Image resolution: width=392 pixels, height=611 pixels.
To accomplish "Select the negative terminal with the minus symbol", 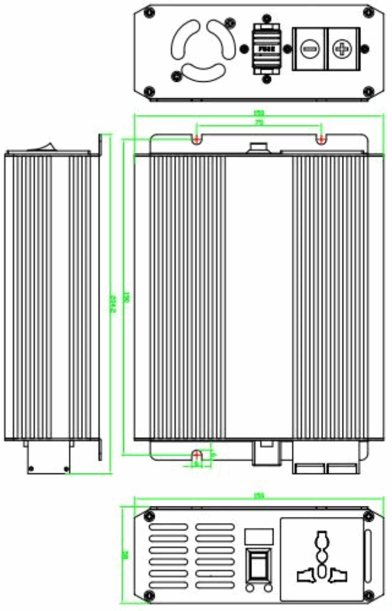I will [310, 48].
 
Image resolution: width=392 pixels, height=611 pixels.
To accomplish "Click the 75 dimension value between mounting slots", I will [259, 123].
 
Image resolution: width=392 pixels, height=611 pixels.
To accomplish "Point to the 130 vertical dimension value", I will [126, 296].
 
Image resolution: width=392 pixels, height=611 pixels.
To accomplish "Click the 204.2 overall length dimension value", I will [112, 304].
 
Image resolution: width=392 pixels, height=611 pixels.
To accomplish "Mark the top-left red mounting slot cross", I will [197, 140].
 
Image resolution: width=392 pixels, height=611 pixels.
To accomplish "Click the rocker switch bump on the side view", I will [46, 146].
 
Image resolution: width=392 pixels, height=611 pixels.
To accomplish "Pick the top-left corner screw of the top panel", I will [148, 12].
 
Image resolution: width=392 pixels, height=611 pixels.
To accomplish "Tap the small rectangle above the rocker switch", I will [257, 536].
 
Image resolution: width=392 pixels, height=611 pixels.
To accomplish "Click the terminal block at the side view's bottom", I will [49, 456].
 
